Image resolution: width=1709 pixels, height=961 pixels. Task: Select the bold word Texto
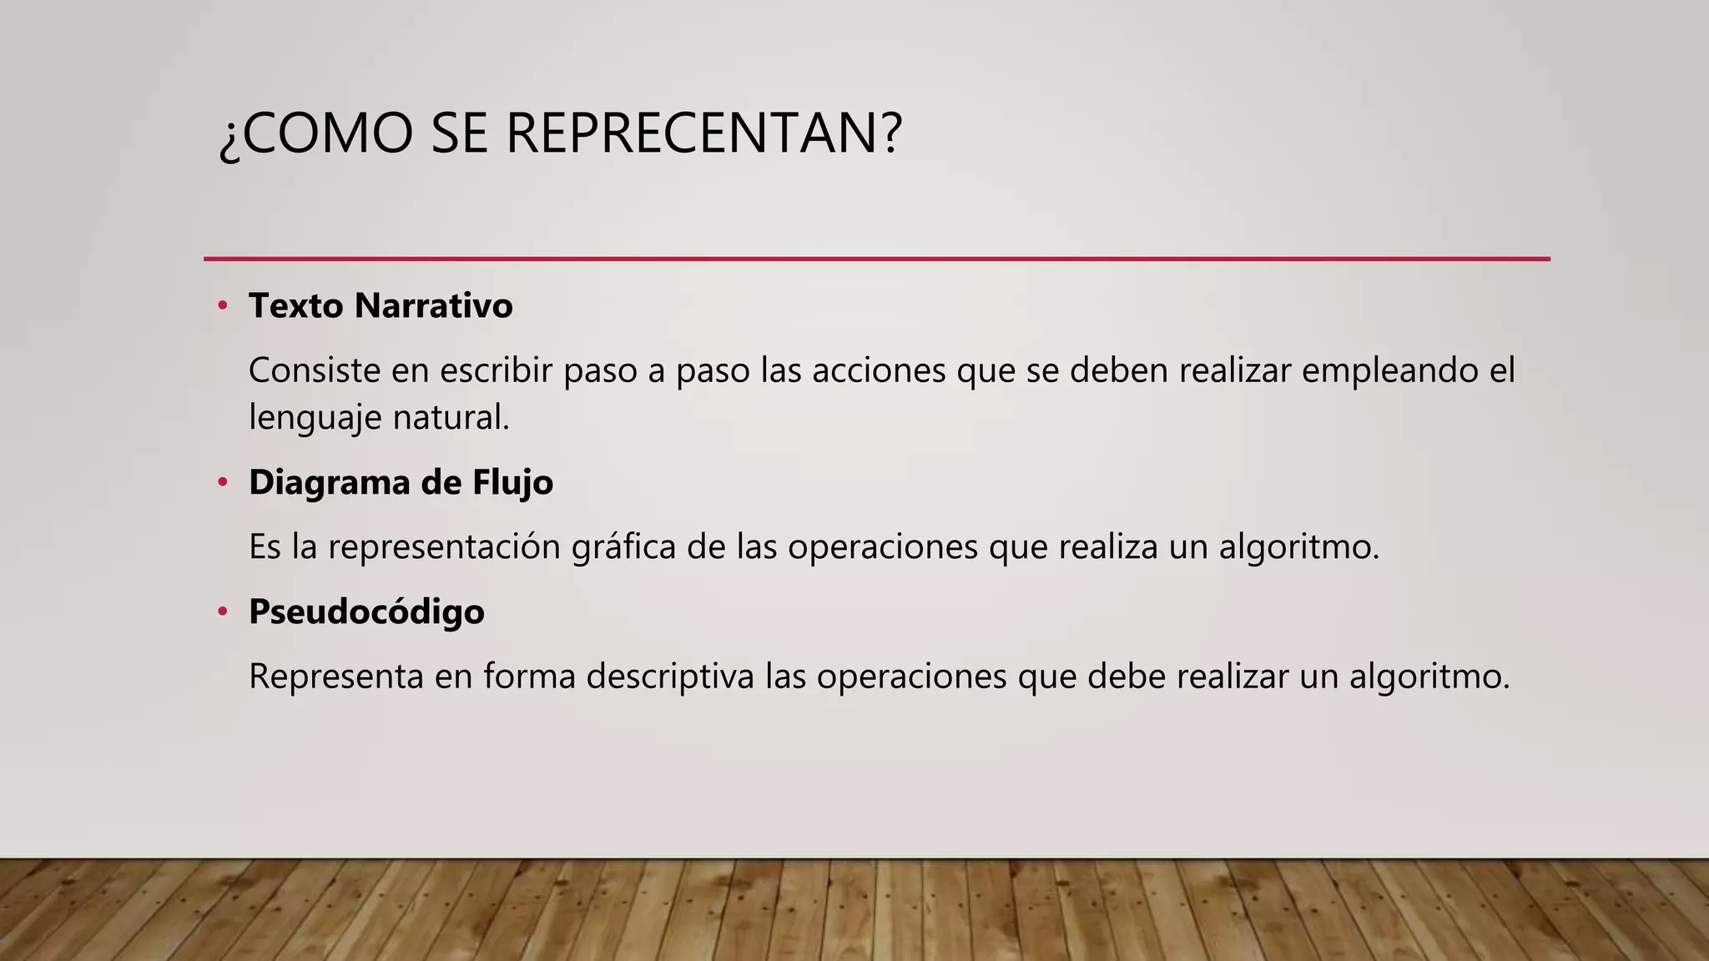pyautogui.click(x=295, y=305)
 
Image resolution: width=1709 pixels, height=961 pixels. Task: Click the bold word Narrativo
pyautogui.click(x=433, y=305)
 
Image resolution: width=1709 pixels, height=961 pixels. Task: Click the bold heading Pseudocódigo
pyautogui.click(x=366, y=611)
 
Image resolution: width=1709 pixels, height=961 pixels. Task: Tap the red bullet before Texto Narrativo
pyautogui.click(x=222, y=305)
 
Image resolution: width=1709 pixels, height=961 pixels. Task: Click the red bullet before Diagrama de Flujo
pyautogui.click(x=222, y=482)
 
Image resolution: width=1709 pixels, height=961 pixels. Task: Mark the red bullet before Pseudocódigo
pyautogui.click(x=222, y=611)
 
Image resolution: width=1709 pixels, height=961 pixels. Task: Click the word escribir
pyautogui.click(x=497, y=370)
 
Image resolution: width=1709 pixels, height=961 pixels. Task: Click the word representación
pyautogui.click(x=444, y=548)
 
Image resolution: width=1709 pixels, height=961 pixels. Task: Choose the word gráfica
pyautogui.click(x=624, y=548)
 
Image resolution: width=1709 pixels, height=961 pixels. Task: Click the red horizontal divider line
pyautogui.click(x=876, y=259)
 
